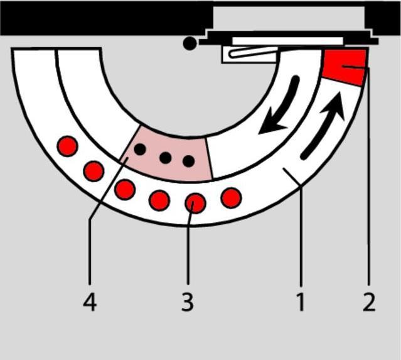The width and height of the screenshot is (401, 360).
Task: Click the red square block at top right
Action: (345, 67)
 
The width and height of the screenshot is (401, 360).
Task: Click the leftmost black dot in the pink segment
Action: (140, 149)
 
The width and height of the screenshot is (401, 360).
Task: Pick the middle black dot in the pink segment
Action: (166, 158)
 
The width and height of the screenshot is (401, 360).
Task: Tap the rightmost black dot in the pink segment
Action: (189, 161)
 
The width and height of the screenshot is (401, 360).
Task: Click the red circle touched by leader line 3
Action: (195, 203)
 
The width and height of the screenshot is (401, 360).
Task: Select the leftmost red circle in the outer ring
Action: (67, 146)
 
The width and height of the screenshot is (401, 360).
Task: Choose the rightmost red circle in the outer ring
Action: (231, 198)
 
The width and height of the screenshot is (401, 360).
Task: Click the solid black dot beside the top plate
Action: (190, 43)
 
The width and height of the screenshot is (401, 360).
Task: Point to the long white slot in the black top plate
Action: (287, 41)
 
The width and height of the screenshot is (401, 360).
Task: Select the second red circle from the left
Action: (94, 172)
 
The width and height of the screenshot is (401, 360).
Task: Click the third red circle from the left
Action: (125, 190)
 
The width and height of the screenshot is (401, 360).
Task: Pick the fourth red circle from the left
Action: (159, 200)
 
